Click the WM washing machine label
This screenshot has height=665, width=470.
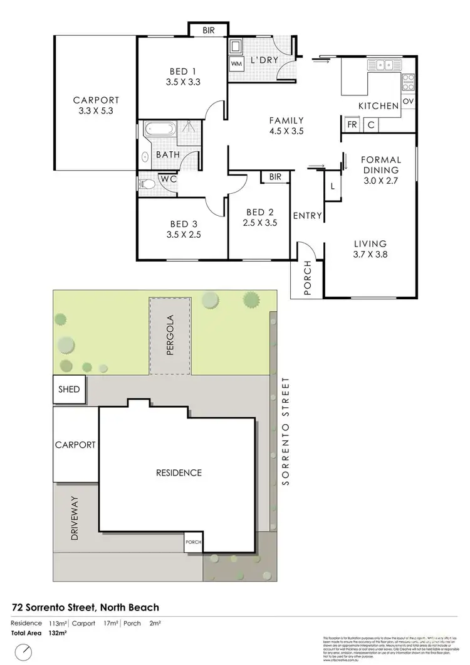click(x=236, y=63)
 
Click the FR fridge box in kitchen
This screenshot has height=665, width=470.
click(x=352, y=125)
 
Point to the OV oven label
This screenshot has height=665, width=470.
click(x=408, y=101)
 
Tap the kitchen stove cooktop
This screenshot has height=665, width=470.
click(x=408, y=82)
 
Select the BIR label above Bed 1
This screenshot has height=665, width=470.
click(x=207, y=29)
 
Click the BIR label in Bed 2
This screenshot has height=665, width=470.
click(x=275, y=177)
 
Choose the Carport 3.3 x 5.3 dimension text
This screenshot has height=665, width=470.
click(x=96, y=111)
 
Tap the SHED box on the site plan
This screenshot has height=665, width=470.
click(x=69, y=390)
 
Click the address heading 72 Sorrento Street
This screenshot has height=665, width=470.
click(x=85, y=607)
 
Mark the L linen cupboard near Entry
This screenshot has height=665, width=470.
click(x=332, y=186)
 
